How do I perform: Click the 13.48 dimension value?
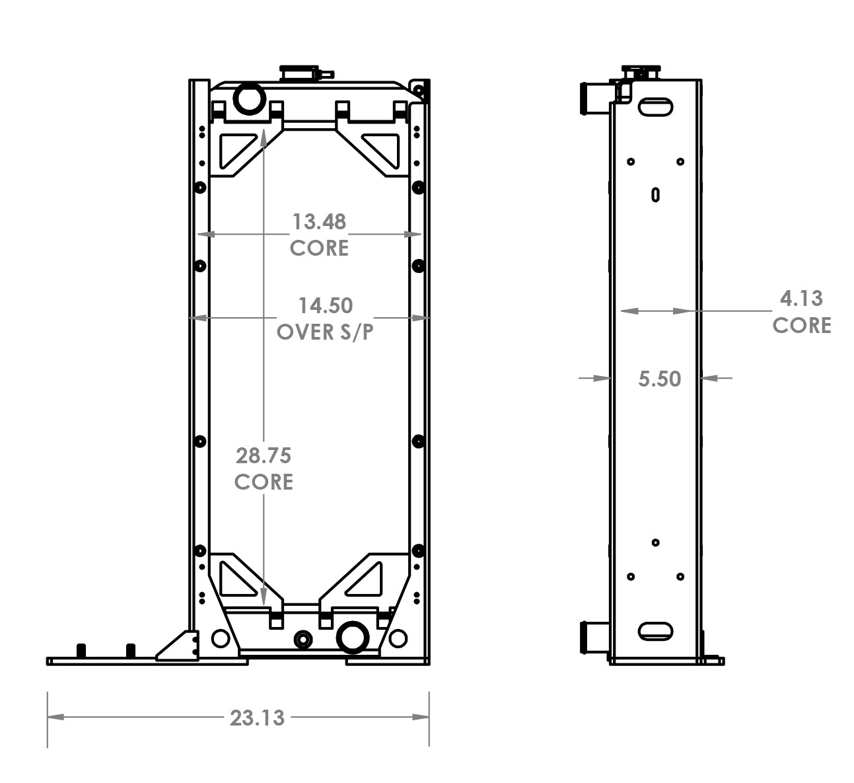click(x=319, y=221)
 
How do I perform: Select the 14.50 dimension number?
click(x=325, y=305)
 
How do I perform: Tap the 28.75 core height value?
click(x=263, y=455)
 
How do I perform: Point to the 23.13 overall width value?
click(x=257, y=717)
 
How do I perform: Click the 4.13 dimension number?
click(x=801, y=299)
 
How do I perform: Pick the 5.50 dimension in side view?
click(x=659, y=379)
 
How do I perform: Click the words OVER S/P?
click(x=325, y=332)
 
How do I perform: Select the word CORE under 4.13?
click(x=801, y=325)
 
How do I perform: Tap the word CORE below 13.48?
click(x=319, y=248)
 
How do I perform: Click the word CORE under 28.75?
click(x=263, y=482)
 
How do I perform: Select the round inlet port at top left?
click(x=249, y=98)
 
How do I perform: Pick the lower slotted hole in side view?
click(x=655, y=631)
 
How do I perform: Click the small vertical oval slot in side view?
click(x=655, y=194)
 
